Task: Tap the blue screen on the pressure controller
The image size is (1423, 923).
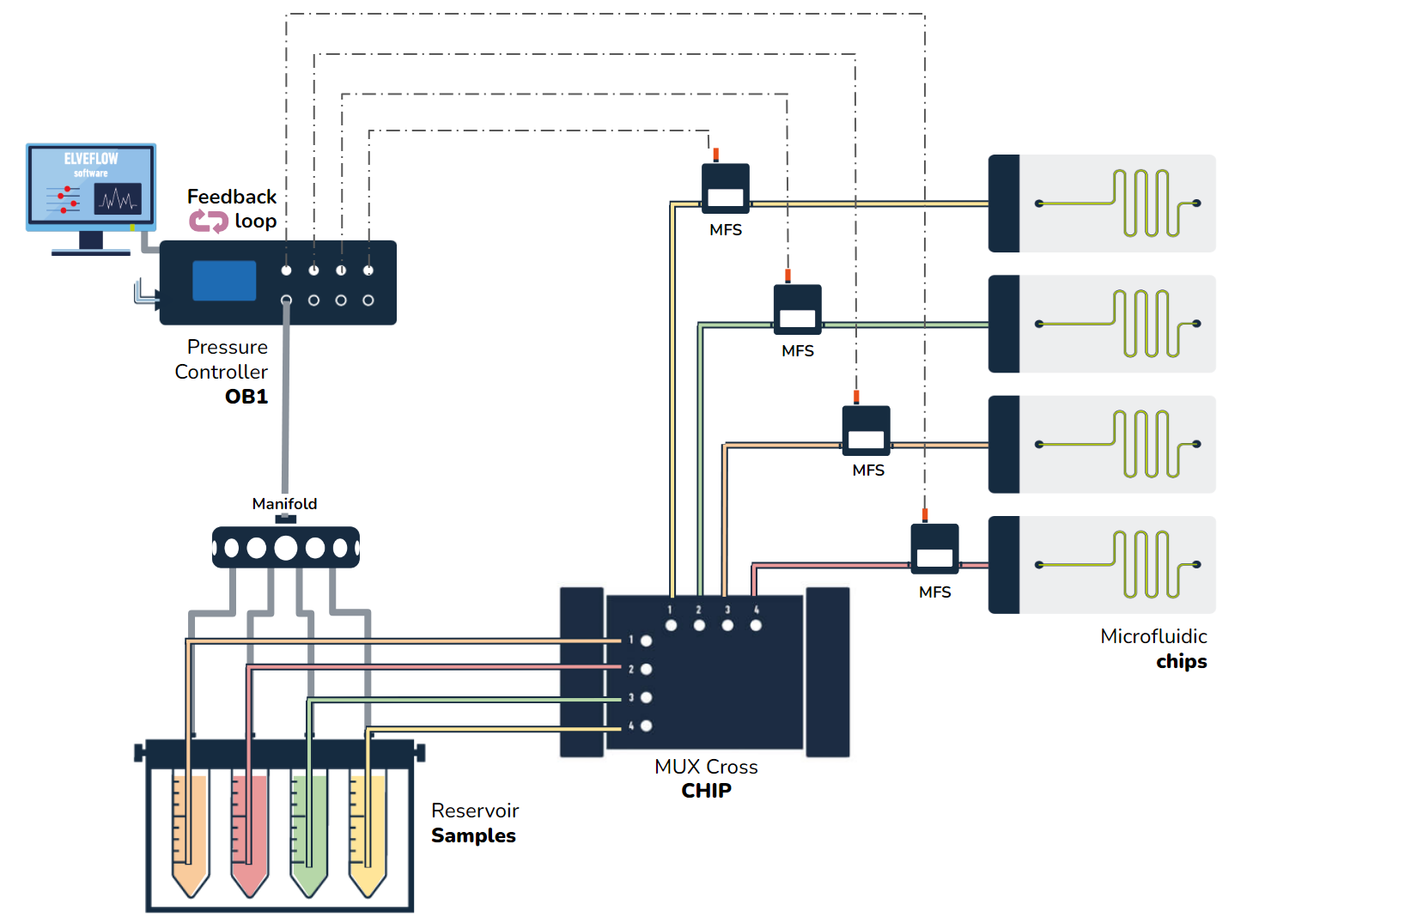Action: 224,281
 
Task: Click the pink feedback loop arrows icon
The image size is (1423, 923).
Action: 208,222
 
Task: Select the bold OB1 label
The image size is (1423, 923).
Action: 246,397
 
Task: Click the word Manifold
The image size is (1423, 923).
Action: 284,504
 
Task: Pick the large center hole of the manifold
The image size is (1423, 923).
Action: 286,548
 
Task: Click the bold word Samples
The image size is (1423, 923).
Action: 473,836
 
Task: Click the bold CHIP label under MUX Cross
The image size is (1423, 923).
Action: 706,791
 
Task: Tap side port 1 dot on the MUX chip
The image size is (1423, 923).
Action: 647,641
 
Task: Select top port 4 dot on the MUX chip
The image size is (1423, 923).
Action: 756,625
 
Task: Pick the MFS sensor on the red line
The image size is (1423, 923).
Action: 934,550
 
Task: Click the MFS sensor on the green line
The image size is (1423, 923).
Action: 798,310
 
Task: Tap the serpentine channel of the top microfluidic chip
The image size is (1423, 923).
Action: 1146,203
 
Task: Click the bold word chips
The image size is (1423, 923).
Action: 1181,662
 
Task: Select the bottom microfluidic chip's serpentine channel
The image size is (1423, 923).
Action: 1146,565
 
